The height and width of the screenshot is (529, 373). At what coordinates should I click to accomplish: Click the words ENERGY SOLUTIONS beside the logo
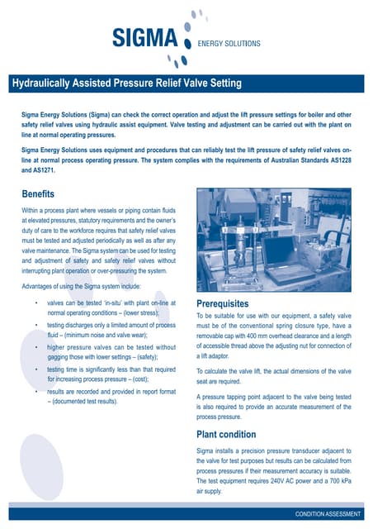coord(225,43)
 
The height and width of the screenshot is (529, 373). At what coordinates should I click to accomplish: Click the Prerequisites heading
coord(229,303)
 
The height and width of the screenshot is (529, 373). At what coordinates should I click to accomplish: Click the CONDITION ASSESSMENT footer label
coord(328,514)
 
